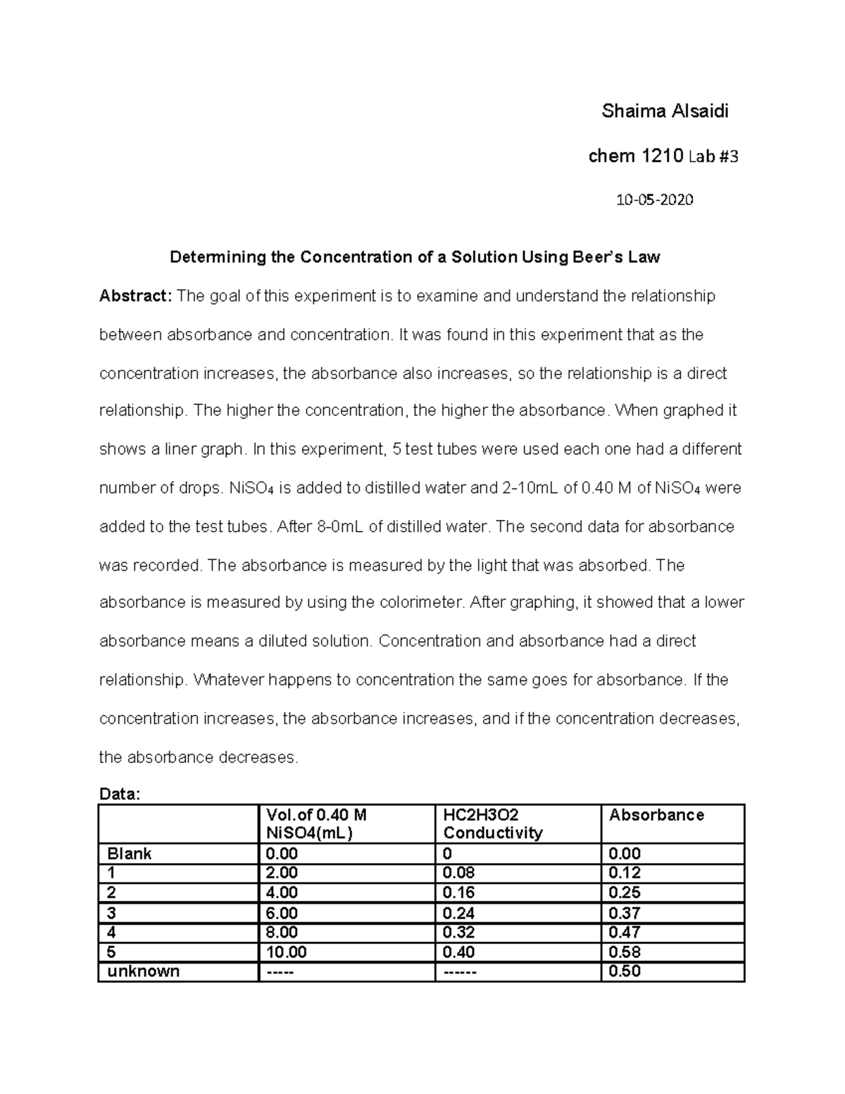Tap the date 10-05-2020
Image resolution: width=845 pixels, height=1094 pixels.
(654, 200)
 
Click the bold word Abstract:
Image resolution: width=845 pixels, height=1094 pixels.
(134, 296)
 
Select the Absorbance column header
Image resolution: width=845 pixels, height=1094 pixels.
(656, 815)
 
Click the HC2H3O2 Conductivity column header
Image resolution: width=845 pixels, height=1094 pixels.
(492, 824)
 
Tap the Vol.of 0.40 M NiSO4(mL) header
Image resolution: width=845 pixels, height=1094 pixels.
(316, 824)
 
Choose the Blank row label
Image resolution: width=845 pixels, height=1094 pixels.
(130, 854)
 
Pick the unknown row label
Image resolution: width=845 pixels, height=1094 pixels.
(143, 971)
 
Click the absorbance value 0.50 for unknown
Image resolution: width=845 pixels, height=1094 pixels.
(625, 971)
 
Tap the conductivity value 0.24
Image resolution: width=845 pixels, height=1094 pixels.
(458, 913)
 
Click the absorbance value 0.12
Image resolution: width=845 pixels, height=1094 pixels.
(625, 873)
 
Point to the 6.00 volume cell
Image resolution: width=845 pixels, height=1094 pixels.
(282, 913)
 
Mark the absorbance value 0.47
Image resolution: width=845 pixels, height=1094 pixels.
(625, 933)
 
